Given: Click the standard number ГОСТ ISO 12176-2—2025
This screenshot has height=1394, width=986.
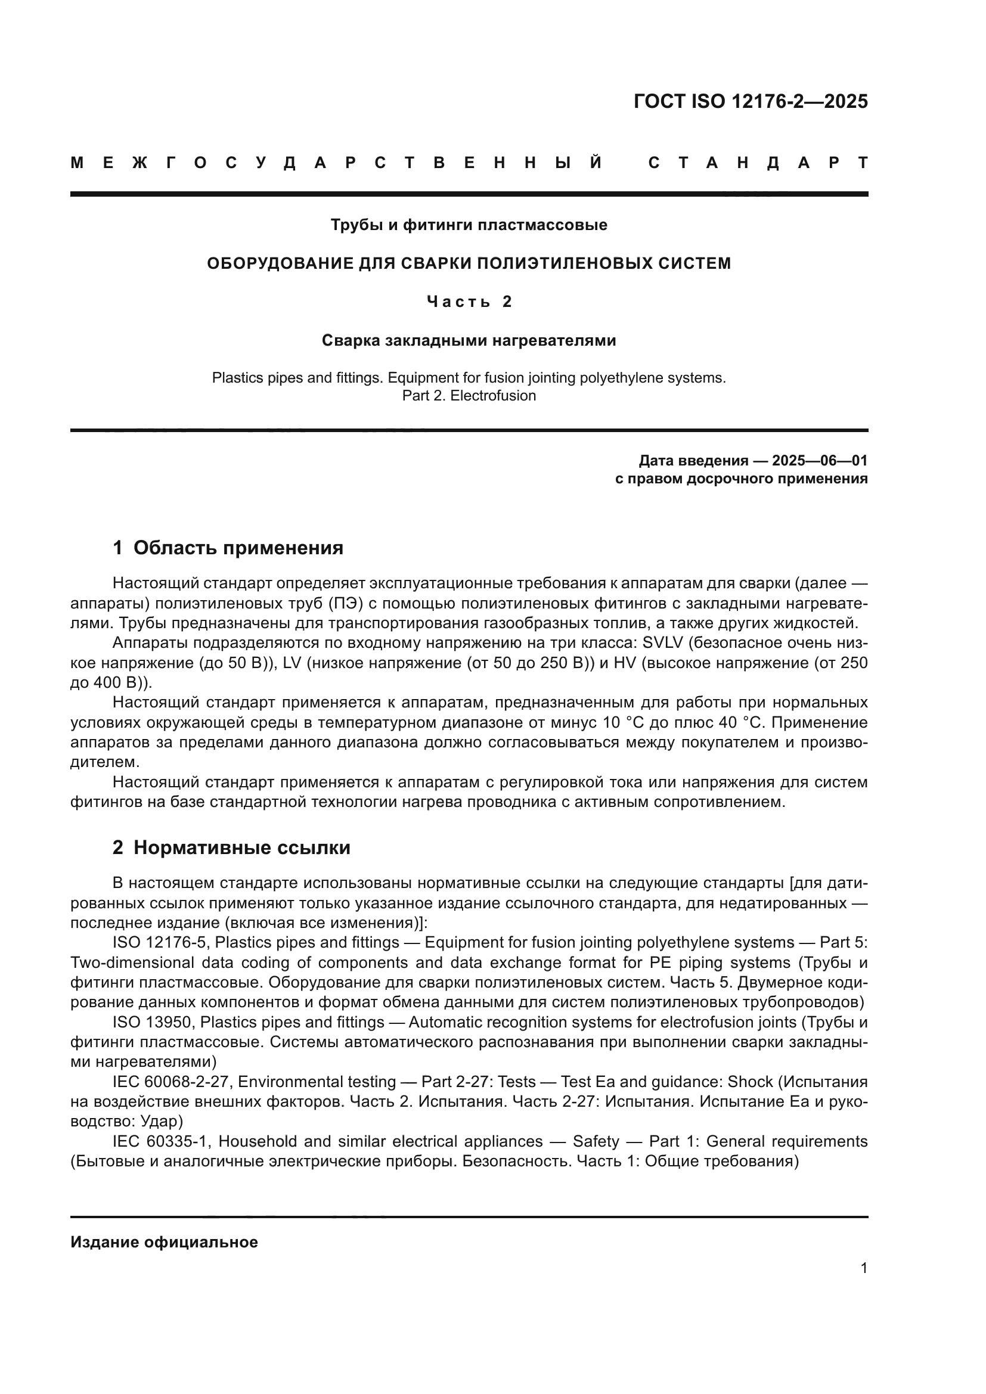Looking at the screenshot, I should pyautogui.click(x=751, y=101).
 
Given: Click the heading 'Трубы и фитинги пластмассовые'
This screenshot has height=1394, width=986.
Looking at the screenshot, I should pyautogui.click(x=469, y=225).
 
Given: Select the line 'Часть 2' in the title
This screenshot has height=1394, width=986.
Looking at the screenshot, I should pyautogui.click(x=469, y=302).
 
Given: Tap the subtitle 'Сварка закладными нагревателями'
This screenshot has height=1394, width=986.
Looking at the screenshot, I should pyautogui.click(x=469, y=341).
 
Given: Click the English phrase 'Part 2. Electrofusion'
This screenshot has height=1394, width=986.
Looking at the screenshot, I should pyautogui.click(x=469, y=396).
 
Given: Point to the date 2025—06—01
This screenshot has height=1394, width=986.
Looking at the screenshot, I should pyautogui.click(x=820, y=461).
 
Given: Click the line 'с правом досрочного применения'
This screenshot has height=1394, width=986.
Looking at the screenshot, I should pyautogui.click(x=742, y=479).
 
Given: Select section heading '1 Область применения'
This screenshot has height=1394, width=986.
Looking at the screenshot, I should pyautogui.click(x=228, y=548).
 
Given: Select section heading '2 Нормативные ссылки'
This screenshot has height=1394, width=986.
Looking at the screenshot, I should pyautogui.click(x=231, y=848).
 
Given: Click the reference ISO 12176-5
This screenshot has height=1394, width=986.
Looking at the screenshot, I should pyautogui.click(x=160, y=943).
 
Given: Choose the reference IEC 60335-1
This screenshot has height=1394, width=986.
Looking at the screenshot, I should pyautogui.click(x=161, y=1141).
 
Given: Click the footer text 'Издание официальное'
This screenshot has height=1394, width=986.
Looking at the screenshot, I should pyautogui.click(x=164, y=1242).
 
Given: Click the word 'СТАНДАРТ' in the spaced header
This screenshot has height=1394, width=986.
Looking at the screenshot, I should pyautogui.click(x=758, y=163).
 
